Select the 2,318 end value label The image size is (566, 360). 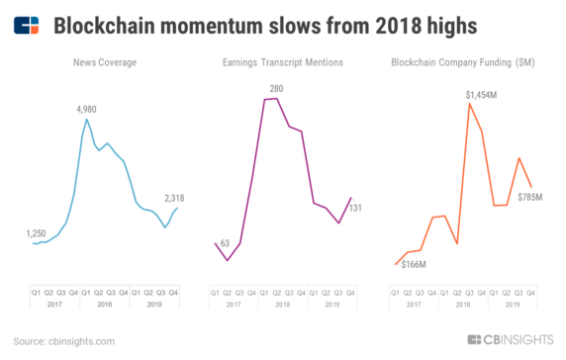coord(173,199)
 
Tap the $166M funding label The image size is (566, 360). coord(412,266)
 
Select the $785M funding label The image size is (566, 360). coord(531,198)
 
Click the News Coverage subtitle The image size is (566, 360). coord(104,63)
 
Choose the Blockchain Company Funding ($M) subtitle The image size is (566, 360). coord(464,63)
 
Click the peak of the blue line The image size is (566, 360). coord(87,120)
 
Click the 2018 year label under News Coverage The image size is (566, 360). coord(104,303)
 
